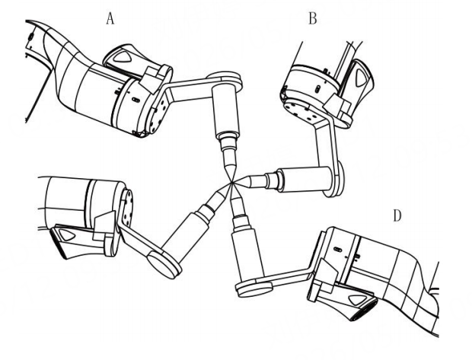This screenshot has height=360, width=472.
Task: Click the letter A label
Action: pos(110,19)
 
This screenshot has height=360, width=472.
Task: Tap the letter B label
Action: pos(313,19)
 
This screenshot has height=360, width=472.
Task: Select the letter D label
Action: pos(397,216)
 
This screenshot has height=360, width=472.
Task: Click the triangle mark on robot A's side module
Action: pos(123,56)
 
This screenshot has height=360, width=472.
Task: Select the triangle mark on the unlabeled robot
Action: pos(67,234)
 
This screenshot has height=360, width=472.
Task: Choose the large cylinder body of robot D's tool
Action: pos(247,253)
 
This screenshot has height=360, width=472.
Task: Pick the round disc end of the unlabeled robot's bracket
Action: pos(165,265)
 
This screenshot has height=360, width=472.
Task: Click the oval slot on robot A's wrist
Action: pos(136,99)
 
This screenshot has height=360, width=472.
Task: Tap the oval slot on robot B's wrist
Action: pos(317,89)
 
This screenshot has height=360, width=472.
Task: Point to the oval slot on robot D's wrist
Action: pos(337,249)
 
